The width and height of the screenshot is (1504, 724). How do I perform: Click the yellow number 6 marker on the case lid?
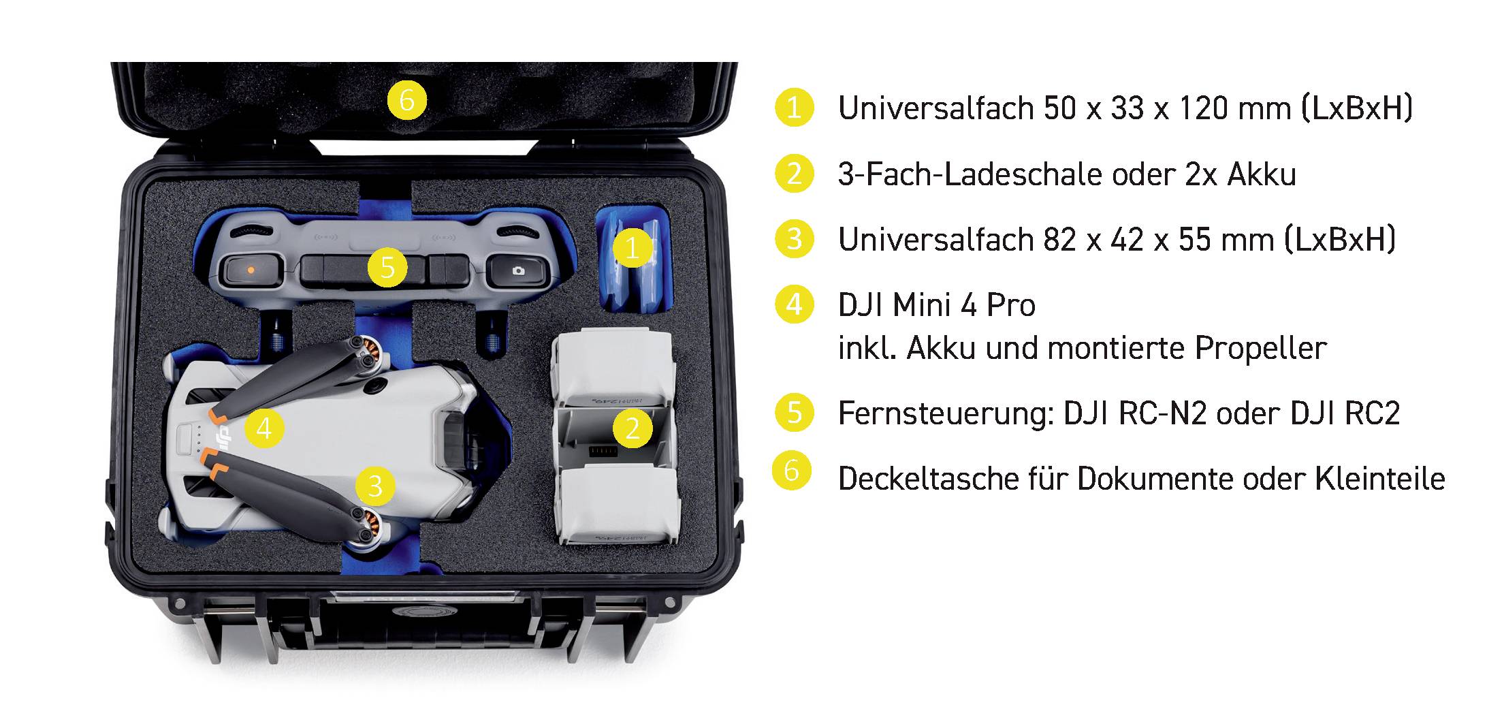(406, 100)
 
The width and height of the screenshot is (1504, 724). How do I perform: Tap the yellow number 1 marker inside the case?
(633, 248)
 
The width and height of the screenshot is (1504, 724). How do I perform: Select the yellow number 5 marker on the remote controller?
(387, 267)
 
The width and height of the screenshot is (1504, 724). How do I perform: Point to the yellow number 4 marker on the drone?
(264, 428)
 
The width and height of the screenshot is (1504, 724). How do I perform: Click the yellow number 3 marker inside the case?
(375, 486)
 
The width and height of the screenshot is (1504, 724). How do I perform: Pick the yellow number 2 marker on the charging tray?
(633, 428)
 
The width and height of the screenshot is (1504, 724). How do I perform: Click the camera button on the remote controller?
(518, 270)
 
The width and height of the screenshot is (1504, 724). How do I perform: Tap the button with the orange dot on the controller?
(251, 270)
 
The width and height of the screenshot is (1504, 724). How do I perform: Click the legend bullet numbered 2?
(794, 174)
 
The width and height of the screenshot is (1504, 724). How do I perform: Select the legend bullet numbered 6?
(791, 471)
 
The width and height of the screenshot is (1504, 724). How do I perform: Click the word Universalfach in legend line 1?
(934, 108)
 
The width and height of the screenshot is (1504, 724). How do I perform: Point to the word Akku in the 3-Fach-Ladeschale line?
(1261, 174)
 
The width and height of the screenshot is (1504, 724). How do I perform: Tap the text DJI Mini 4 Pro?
(936, 305)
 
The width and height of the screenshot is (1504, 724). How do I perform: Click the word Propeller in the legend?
(1260, 349)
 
